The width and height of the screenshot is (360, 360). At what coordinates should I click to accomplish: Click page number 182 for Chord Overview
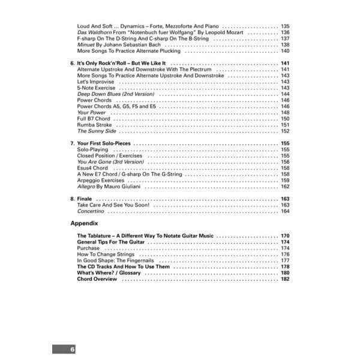click(x=285, y=279)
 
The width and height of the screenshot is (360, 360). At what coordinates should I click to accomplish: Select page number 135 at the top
click(x=285, y=27)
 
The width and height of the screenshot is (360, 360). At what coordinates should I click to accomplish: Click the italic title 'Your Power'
click(x=91, y=113)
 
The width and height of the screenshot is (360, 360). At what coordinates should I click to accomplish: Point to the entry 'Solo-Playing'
click(x=93, y=150)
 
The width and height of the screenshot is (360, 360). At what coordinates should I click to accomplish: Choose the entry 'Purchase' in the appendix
click(x=89, y=248)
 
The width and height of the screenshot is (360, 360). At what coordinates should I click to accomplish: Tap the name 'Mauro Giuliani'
click(x=119, y=187)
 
